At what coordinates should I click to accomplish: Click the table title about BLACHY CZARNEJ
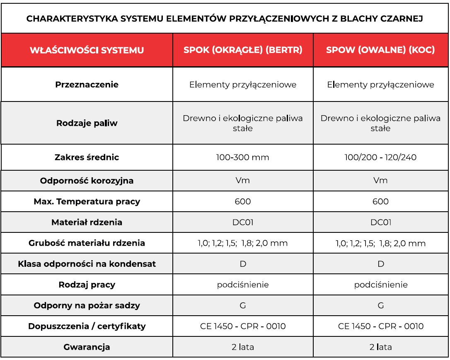(x=225, y=19)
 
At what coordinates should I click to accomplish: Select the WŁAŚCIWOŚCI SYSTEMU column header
(x=87, y=50)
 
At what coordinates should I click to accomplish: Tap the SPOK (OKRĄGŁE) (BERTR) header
(x=243, y=50)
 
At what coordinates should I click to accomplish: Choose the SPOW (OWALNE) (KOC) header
(x=380, y=50)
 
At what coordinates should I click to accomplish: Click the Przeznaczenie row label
(x=87, y=85)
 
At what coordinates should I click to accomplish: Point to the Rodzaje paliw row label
(x=87, y=123)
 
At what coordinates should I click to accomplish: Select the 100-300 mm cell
(x=243, y=157)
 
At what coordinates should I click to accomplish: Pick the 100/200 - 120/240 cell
(x=380, y=157)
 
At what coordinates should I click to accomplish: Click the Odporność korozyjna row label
(x=87, y=181)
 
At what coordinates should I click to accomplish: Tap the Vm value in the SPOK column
(x=243, y=181)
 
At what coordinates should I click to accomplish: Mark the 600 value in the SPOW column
(x=380, y=202)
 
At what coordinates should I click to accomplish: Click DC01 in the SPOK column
(x=243, y=222)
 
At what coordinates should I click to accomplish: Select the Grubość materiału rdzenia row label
(x=87, y=243)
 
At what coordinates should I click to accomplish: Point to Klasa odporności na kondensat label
(x=87, y=264)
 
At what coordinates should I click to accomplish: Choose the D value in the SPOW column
(x=381, y=264)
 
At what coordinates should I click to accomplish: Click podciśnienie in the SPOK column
(x=243, y=285)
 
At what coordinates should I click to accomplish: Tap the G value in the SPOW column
(x=381, y=306)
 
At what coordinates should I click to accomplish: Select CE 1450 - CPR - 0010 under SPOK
(x=243, y=326)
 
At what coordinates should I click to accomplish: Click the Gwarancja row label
(x=87, y=347)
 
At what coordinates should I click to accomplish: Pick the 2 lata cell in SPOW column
(x=380, y=347)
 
